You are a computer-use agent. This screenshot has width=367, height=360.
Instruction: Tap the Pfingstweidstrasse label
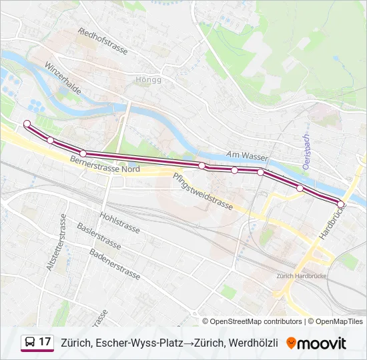coord(202,191)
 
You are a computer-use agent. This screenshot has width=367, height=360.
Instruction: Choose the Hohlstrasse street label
coord(119,223)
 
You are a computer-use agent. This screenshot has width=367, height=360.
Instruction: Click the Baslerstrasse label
coord(99,237)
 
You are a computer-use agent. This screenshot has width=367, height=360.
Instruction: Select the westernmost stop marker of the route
coord(27,123)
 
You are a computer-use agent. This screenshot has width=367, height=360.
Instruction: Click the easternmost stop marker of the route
coord(341,204)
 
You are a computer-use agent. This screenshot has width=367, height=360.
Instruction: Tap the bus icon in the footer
coord(30,343)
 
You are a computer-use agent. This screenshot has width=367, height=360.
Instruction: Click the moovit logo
coord(316,343)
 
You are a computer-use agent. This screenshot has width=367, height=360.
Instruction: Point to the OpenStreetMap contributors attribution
coord(256,321)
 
